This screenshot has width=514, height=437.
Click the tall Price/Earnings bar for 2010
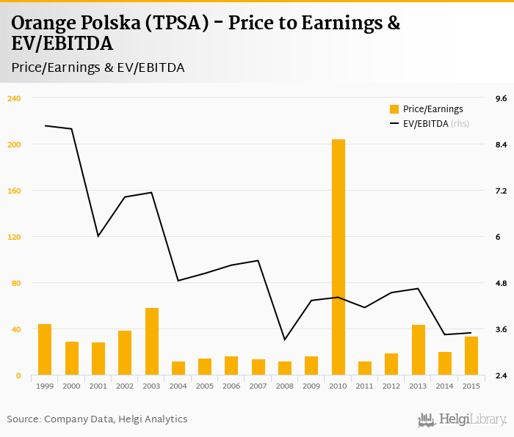pos(339,257)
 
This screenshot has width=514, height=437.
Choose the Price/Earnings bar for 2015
pos(471,356)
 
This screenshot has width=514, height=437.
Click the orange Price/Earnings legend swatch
pos(394,109)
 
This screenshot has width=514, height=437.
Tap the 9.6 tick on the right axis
pos(502,98)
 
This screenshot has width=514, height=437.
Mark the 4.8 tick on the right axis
pos(502,283)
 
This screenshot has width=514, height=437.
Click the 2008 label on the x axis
pos(285,386)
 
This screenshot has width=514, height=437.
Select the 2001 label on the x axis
pos(98,386)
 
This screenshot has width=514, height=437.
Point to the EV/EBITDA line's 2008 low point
pos(285,339)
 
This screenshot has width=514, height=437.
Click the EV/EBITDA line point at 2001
pos(98,236)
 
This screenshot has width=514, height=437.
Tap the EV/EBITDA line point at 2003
pos(152,192)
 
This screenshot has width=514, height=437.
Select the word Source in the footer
pos(24,419)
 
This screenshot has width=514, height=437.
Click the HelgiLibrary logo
pos(463,419)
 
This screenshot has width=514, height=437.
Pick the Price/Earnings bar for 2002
pos(125,353)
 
